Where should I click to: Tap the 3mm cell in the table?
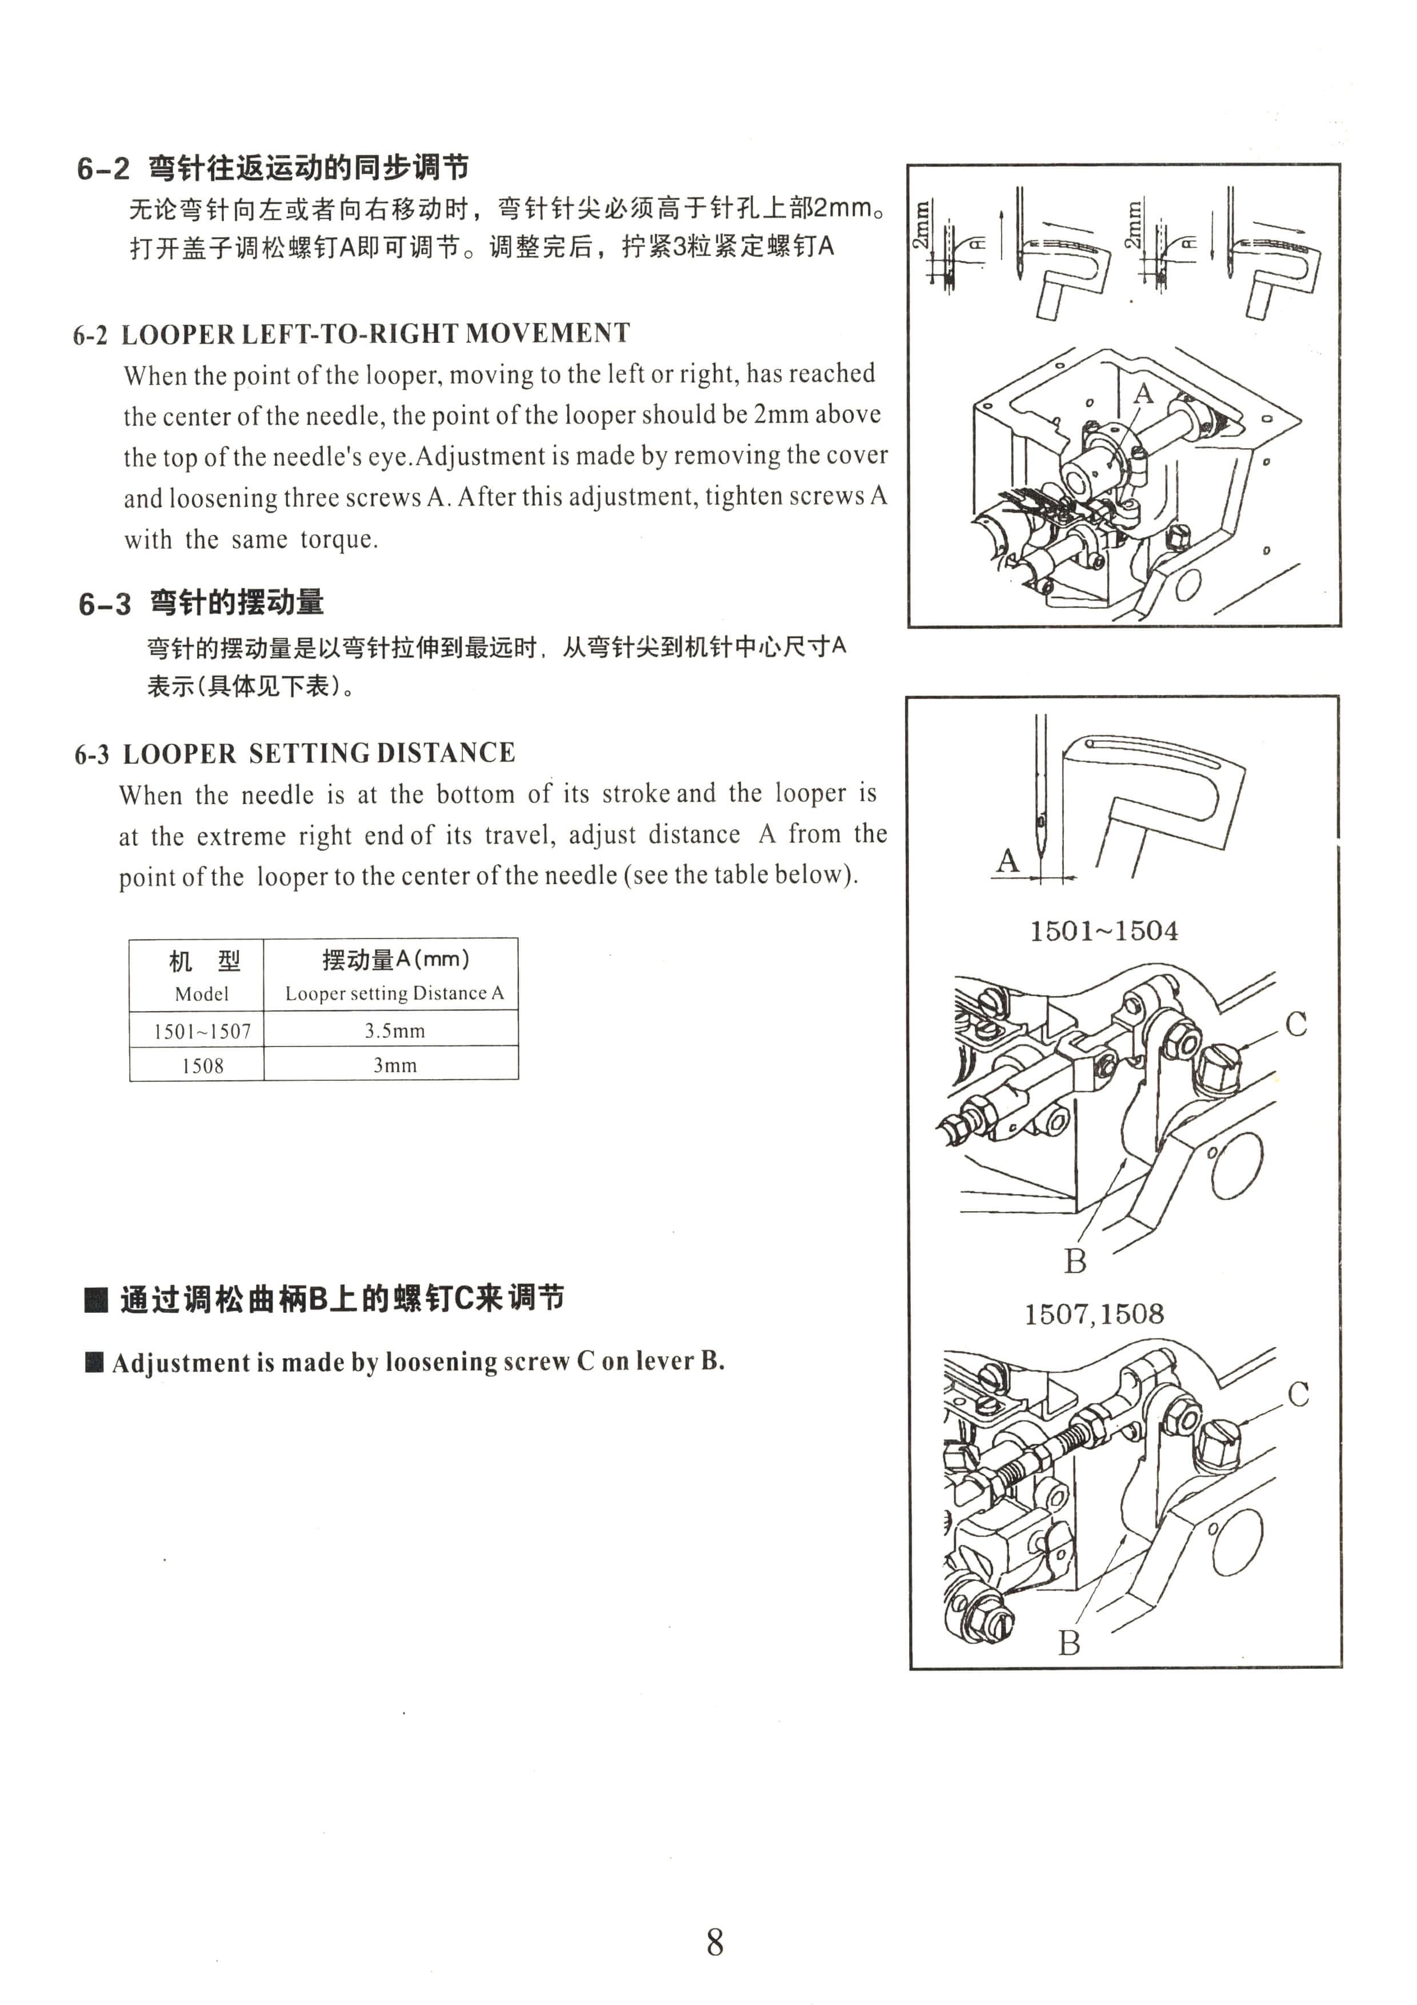pos(395,1064)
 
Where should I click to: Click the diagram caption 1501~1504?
pos(1103,931)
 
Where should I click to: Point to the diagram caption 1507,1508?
pos(1094,1314)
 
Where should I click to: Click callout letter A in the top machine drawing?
pos(1143,394)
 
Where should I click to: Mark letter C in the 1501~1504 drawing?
pos(1296,1024)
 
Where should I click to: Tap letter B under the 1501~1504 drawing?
pos(1076,1261)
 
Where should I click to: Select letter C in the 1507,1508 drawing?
pos(1298,1395)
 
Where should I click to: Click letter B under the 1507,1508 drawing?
pos(1070,1643)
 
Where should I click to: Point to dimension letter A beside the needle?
pos(1008,860)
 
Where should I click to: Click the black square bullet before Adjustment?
pos(94,1362)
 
